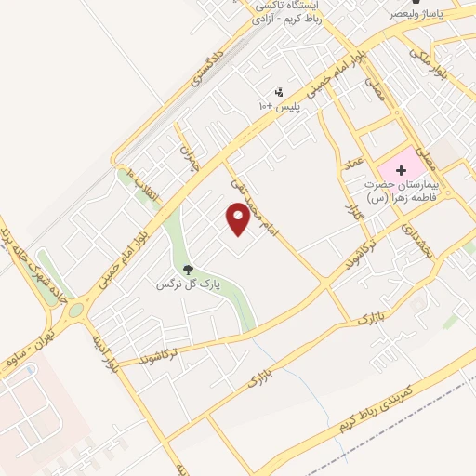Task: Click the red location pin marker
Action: click(238, 218)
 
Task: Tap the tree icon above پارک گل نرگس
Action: click(189, 269)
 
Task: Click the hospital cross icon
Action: click(401, 171)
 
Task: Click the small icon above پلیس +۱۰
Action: click(279, 92)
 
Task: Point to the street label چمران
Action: click(191, 160)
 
